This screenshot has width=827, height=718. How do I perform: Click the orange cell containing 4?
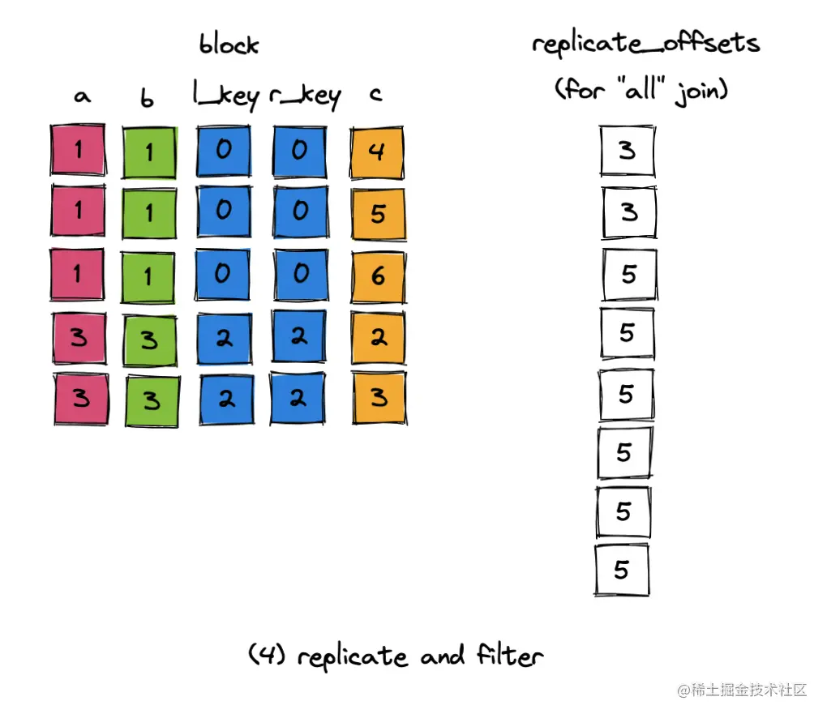(x=378, y=152)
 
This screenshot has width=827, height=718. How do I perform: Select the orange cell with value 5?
(x=378, y=213)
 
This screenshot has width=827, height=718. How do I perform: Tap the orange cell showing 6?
(x=378, y=275)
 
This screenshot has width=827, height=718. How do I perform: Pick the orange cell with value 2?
(x=378, y=337)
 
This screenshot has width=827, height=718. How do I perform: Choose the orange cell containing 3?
(x=379, y=398)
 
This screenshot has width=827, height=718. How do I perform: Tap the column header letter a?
(x=81, y=96)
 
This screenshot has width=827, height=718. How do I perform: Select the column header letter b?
(x=147, y=97)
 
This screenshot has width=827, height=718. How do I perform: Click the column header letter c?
(x=375, y=96)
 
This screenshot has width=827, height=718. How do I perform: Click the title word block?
(x=229, y=45)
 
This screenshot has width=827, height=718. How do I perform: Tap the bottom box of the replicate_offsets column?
(x=622, y=570)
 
